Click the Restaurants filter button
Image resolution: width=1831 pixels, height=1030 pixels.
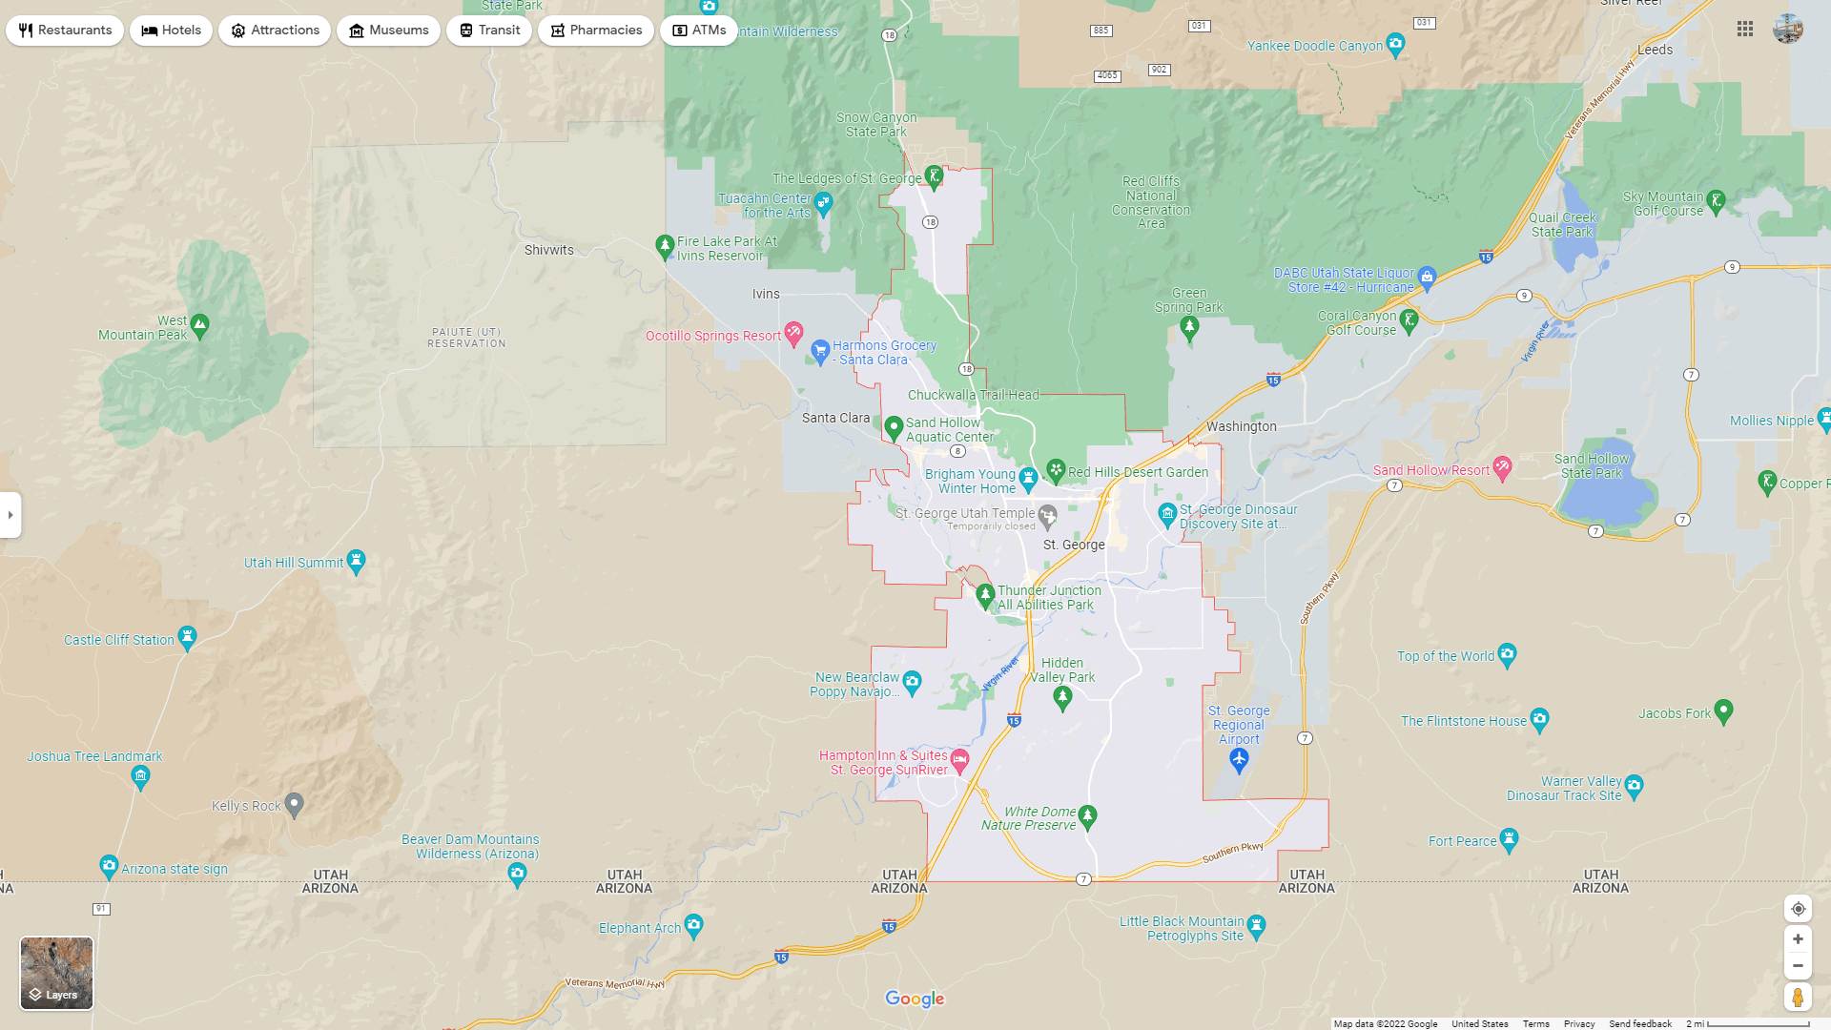[x=65, y=31]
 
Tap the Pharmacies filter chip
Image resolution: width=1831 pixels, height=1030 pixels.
[x=595, y=31]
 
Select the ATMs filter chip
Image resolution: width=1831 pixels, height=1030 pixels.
[x=699, y=31]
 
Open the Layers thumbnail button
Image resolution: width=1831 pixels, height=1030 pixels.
[x=57, y=973]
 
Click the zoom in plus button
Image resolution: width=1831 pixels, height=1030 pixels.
[x=1798, y=939]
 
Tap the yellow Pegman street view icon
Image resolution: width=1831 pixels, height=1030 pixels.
[x=1798, y=998]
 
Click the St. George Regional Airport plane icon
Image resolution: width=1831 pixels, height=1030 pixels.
[x=1239, y=759]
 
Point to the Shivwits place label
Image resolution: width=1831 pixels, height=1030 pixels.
[x=549, y=250]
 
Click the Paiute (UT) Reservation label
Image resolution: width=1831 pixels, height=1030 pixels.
[x=466, y=338]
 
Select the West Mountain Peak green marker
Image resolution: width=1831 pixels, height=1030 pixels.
[x=199, y=325]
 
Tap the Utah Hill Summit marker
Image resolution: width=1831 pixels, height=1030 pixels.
[x=356, y=561]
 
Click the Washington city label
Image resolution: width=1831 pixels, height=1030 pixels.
[x=1241, y=426]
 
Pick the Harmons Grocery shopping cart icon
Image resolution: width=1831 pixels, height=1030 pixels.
[x=820, y=351]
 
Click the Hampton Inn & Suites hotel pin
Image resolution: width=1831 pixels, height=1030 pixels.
[x=959, y=760]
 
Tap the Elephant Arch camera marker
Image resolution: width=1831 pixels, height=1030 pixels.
[x=694, y=925]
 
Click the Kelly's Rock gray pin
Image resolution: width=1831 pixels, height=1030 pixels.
[x=295, y=805]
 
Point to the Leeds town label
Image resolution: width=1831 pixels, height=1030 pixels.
[x=1655, y=50]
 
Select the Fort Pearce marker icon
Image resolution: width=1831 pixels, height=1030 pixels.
[x=1509, y=839]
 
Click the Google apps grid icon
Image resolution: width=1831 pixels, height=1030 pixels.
[x=1745, y=30]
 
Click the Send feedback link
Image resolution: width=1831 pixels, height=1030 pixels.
[x=1639, y=1023]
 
